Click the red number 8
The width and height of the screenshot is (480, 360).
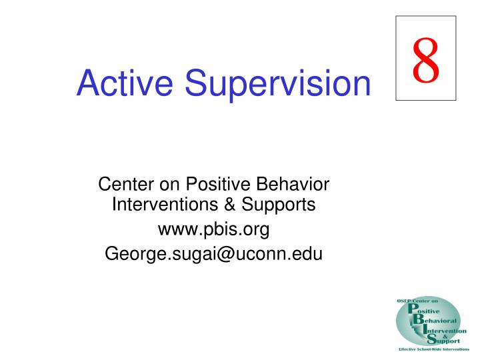(x=425, y=59)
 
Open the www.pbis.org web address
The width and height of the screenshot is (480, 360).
(x=213, y=230)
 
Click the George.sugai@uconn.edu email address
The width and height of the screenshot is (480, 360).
(x=213, y=254)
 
